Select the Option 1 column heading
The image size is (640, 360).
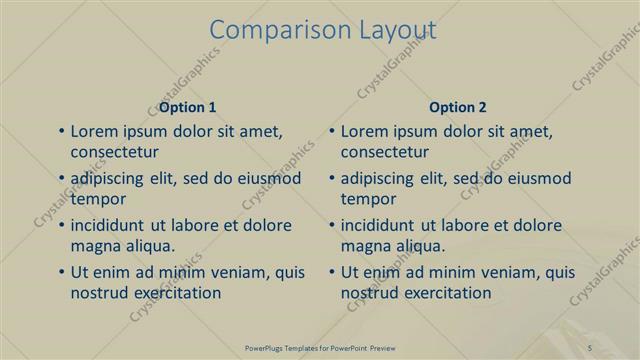pyautogui.click(x=187, y=107)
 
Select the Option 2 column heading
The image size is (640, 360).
pyautogui.click(x=457, y=107)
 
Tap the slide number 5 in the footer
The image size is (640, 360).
pyautogui.click(x=591, y=347)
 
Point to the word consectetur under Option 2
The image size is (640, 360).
pyautogui.click(x=385, y=153)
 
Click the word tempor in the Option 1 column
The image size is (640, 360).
pyautogui.click(x=96, y=199)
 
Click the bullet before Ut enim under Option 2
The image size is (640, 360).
pyautogui.click(x=332, y=272)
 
